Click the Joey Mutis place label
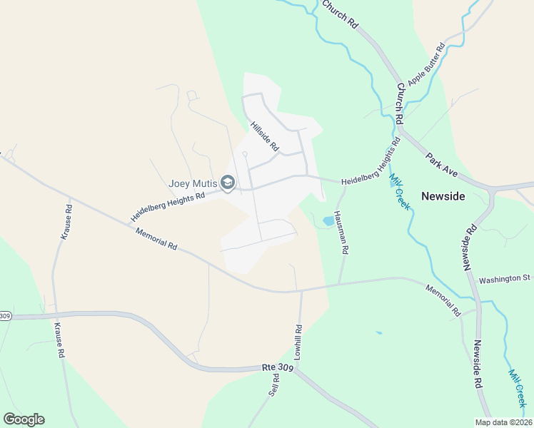[193, 183]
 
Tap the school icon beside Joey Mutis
[228, 184]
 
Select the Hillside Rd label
[264, 136]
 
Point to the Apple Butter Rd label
[425, 63]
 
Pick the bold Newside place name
[443, 196]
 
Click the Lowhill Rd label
[298, 342]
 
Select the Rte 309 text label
[278, 367]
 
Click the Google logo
[24, 419]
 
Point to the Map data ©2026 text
[503, 422]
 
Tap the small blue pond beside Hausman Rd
[328, 221]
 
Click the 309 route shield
[5, 316]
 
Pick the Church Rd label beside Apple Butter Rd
[400, 101]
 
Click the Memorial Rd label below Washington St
[443, 300]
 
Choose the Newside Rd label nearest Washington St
[470, 248]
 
